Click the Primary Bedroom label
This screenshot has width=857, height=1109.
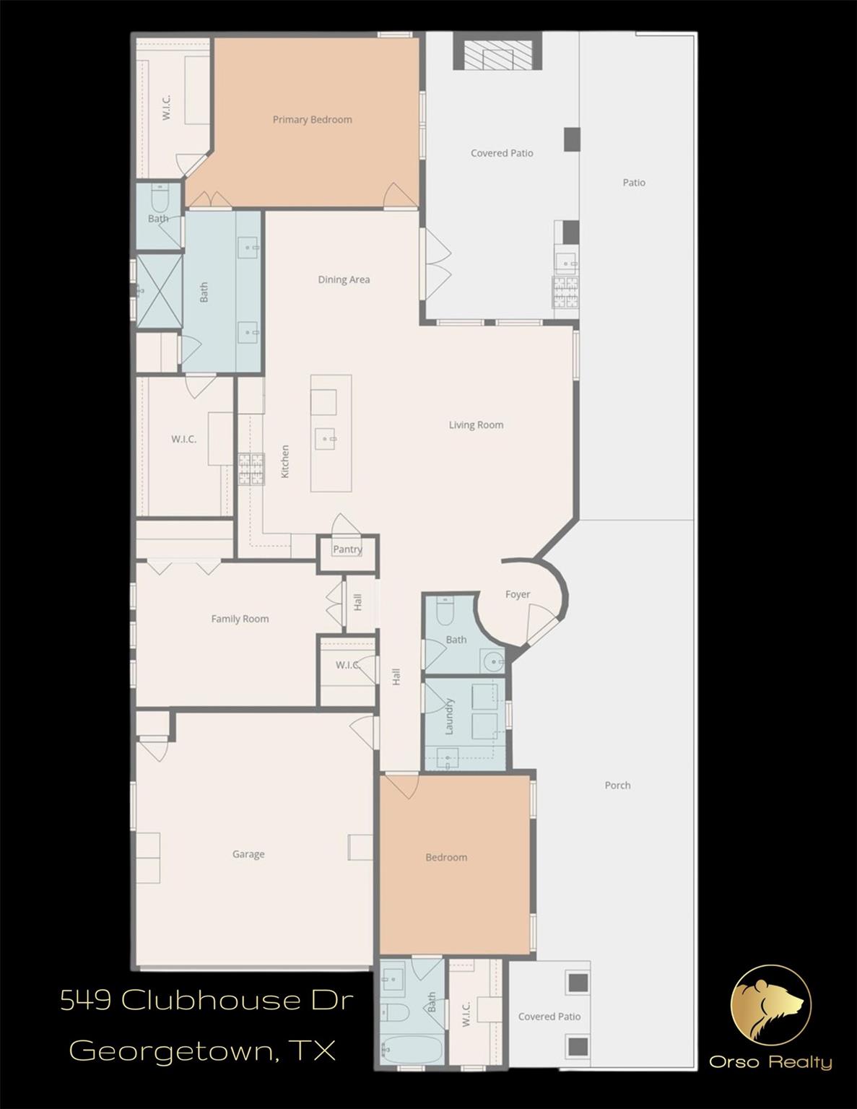(312, 120)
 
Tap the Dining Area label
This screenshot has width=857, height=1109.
(344, 279)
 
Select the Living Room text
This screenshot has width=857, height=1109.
(476, 425)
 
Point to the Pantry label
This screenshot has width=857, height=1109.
(347, 549)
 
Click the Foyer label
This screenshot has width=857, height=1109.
(518, 595)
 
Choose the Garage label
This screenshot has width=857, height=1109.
(248, 854)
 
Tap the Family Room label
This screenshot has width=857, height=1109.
(240, 619)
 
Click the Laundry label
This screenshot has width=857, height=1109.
(449, 716)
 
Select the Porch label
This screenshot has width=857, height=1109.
(617, 786)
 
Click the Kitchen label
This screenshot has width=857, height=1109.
(285, 461)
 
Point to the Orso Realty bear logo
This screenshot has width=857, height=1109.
(771, 1005)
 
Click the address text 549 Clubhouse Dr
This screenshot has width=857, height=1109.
(207, 1001)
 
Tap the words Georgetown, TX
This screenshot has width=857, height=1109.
(203, 1050)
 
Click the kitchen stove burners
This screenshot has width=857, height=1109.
(252, 469)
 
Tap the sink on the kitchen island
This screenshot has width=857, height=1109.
(326, 438)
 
